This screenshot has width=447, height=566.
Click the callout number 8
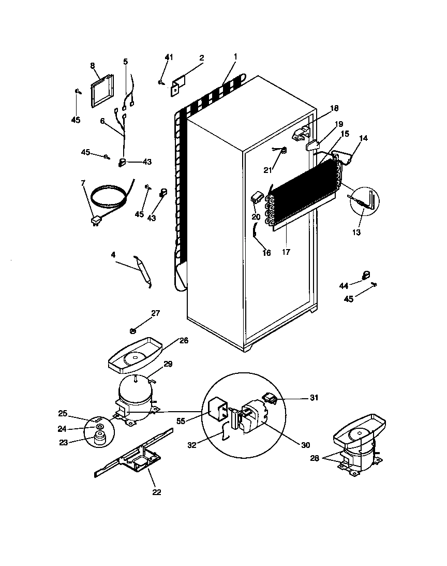93,66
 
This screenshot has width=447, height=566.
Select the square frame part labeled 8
101,92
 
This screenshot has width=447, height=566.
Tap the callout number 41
169,57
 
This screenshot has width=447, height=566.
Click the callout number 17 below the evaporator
286,252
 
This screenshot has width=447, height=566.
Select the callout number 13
356,233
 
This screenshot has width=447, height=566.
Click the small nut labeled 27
133,330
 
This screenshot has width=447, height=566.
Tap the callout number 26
184,341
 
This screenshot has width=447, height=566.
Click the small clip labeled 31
270,398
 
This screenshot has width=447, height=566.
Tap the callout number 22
157,492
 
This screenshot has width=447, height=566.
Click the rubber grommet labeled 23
98,441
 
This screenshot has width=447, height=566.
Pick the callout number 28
315,458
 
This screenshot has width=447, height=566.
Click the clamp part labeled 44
365,274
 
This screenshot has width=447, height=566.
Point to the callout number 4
113,254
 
